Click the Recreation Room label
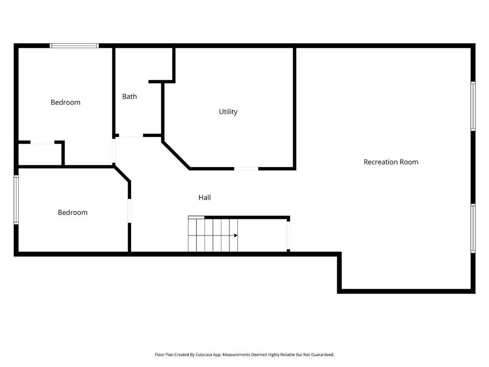391,162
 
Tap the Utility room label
228,112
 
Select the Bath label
130,97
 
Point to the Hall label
205,197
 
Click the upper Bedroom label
65,102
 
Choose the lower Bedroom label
73,212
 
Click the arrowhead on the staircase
236,236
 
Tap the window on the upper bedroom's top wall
74,46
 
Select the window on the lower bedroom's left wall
16,200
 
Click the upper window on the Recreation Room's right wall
473,106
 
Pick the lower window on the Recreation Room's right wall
473,228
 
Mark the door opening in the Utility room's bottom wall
246,169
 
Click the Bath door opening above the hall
131,135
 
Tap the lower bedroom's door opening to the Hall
130,211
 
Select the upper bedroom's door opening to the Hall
114,151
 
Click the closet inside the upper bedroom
40,154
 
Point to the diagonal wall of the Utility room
176,155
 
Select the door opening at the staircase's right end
288,236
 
